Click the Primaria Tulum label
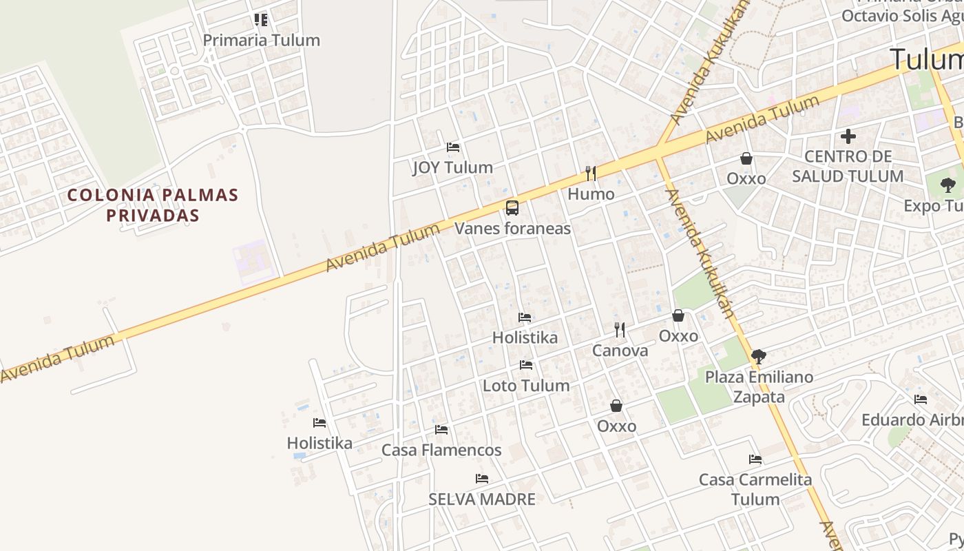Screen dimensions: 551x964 261,40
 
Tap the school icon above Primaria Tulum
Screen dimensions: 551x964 261,19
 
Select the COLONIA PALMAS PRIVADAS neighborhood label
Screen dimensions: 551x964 153,205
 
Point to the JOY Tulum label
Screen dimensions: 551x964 452,167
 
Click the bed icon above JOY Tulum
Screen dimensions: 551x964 453,147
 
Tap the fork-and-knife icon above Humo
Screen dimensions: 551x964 590,173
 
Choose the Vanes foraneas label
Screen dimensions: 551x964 512,228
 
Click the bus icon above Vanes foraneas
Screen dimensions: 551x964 512,207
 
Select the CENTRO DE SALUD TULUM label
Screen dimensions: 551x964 848,166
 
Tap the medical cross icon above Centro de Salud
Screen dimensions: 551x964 848,136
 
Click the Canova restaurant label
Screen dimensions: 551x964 620,351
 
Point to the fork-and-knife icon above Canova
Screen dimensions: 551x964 620,330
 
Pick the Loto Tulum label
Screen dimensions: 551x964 526,386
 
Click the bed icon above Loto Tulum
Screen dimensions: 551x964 526,365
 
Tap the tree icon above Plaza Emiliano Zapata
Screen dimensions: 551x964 758,356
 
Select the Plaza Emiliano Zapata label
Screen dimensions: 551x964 759,387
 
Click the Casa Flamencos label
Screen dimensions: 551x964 441,450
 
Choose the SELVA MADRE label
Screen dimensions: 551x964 482,499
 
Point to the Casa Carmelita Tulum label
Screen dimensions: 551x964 755,489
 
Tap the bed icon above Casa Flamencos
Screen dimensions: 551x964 441,430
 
